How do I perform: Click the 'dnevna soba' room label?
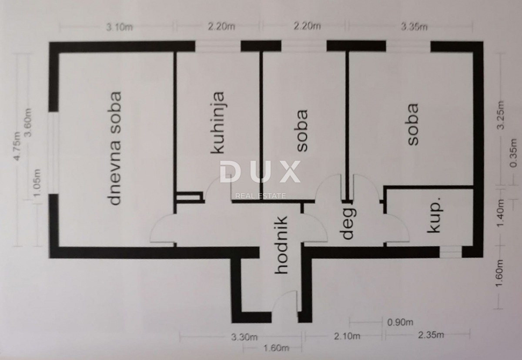click(116, 148)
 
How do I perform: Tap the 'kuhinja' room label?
click(217, 123)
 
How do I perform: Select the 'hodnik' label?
click(281, 245)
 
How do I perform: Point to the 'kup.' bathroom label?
click(434, 215)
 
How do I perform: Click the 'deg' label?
click(348, 223)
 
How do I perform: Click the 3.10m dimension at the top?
click(120, 27)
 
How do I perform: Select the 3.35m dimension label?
click(414, 27)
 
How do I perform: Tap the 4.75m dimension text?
click(17, 146)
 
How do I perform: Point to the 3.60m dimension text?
click(28, 123)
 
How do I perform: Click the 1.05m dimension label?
click(37, 183)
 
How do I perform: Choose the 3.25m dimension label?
click(501, 115)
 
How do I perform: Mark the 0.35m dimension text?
click(513, 153)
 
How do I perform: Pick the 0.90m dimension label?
click(400, 323)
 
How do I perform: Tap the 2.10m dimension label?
click(347, 336)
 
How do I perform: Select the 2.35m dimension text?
click(431, 335)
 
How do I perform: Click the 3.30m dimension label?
click(244, 337)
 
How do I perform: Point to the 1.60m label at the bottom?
click(276, 348)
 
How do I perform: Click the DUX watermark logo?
click(260, 172)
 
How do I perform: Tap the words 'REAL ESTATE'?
click(261, 196)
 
